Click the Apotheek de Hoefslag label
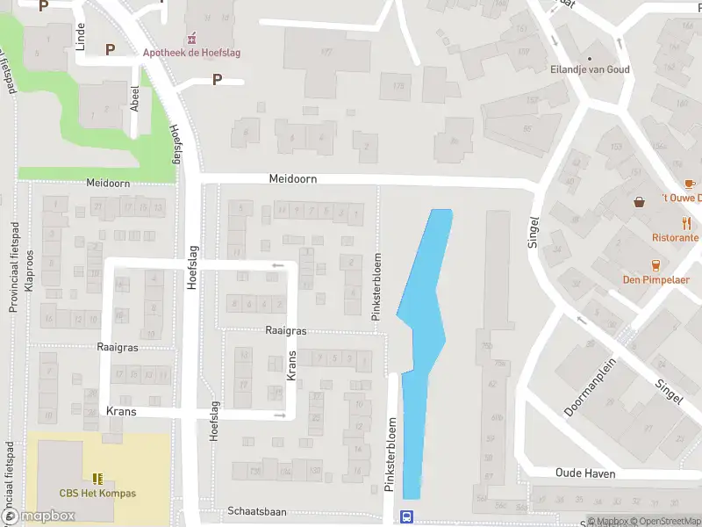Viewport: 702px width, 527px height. (191, 53)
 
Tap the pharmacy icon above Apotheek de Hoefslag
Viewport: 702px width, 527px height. (191, 39)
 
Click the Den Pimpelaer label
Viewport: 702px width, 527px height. (655, 280)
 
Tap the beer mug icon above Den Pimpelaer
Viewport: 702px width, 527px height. (655, 265)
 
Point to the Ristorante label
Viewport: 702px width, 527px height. (676, 238)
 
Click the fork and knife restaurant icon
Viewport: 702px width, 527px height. (686, 223)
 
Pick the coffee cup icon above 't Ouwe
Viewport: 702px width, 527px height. (689, 184)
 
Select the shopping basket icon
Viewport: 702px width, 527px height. (641, 201)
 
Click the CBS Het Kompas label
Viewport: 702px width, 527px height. (97, 494)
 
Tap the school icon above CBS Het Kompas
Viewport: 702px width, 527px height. (97, 479)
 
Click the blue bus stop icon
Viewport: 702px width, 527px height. (406, 516)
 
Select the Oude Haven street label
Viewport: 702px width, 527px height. (584, 473)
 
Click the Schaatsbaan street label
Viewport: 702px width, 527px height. (257, 511)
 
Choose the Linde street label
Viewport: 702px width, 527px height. (80, 35)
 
